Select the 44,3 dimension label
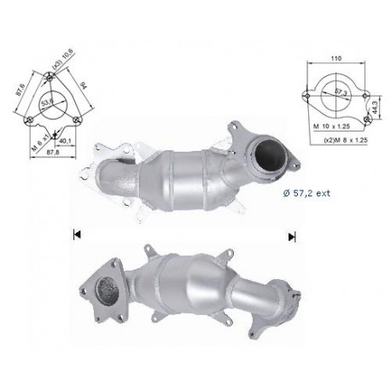click(376, 105)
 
